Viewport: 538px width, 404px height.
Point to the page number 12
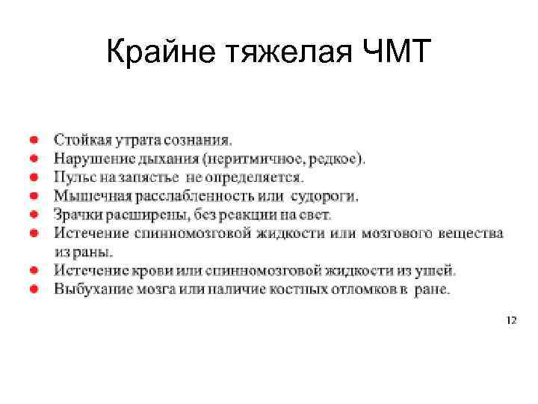(511, 320)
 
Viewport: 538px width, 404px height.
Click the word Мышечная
(89, 196)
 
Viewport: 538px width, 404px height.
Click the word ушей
(439, 270)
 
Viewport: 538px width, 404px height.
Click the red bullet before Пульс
(34, 177)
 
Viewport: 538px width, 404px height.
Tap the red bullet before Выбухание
(34, 289)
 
